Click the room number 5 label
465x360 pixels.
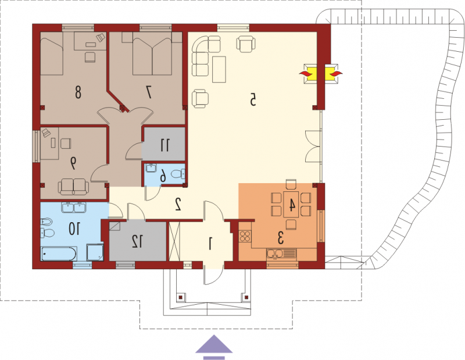[x=253, y=99]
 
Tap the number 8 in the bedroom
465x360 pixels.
[x=78, y=92]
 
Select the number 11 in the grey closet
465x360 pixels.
[x=165, y=145]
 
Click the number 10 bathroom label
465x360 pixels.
[x=74, y=229]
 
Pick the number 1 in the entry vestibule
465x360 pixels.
[x=210, y=243]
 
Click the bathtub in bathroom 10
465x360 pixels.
[x=59, y=254]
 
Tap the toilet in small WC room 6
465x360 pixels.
[x=180, y=173]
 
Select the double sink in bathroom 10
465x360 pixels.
[x=74, y=207]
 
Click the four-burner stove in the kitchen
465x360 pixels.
[x=245, y=237]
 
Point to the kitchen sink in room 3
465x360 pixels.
[x=281, y=254]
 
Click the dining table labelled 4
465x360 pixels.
[x=291, y=205]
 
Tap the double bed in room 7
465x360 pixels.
[x=152, y=53]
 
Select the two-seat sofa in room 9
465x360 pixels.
[x=73, y=187]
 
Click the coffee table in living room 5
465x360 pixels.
[x=219, y=69]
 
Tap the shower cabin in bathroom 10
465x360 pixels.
[x=95, y=252]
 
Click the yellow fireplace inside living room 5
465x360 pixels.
[x=310, y=74]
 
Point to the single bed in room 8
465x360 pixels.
[x=52, y=54]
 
